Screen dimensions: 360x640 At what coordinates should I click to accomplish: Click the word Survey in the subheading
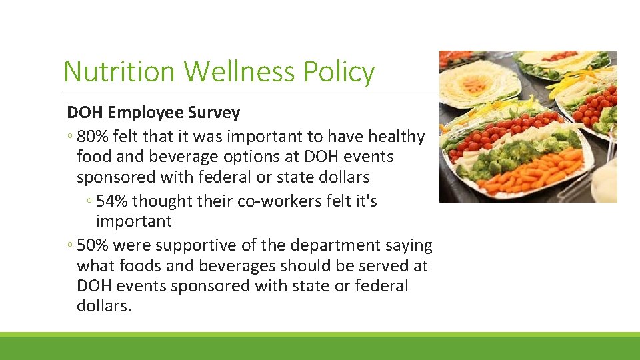point(216,113)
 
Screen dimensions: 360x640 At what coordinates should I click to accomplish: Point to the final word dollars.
point(105,306)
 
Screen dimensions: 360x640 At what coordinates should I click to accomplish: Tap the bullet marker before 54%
point(89,201)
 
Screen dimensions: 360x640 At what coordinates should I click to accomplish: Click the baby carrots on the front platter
point(533,172)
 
